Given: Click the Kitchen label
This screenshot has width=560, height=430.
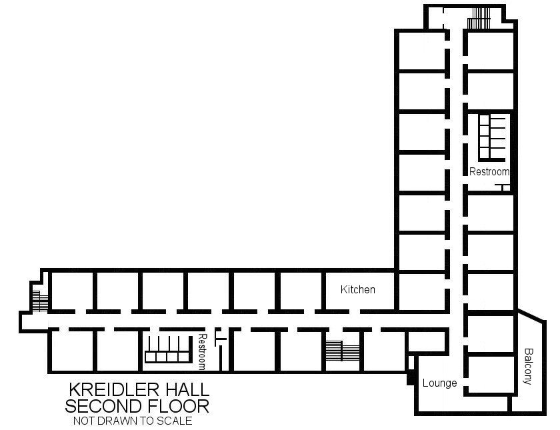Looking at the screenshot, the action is click(357, 289).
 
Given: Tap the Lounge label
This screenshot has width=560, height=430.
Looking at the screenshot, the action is click(439, 383).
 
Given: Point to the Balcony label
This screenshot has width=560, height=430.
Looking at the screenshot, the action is click(528, 366).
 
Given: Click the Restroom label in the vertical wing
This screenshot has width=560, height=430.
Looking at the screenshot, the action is click(489, 172).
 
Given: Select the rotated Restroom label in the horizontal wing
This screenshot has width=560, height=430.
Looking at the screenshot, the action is click(203, 352).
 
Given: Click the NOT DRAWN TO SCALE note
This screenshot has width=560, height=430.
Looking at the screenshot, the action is click(133, 421).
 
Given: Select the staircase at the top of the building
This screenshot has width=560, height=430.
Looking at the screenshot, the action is click(479, 18).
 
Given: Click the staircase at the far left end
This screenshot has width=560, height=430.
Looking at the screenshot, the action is click(40, 301).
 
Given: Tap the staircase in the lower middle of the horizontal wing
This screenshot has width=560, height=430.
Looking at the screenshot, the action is click(343, 351).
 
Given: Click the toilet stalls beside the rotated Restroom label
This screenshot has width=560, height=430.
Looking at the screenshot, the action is click(167, 349).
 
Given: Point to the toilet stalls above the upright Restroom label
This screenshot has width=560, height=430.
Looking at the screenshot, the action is click(492, 137).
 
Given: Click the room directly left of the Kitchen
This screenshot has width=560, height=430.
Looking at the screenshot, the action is click(301, 291).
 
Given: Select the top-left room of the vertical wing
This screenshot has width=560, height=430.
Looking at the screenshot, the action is click(421, 51).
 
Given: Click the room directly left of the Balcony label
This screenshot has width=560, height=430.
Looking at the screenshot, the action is click(491, 374).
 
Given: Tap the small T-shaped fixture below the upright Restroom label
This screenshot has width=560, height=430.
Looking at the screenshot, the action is click(502, 187).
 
